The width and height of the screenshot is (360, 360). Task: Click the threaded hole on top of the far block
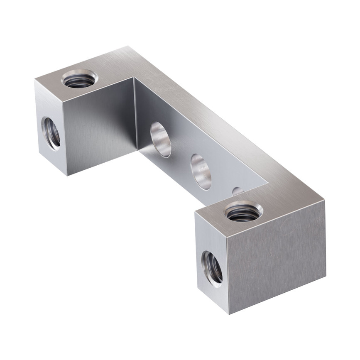[81, 77]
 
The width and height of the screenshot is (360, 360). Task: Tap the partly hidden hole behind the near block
[238, 191]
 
